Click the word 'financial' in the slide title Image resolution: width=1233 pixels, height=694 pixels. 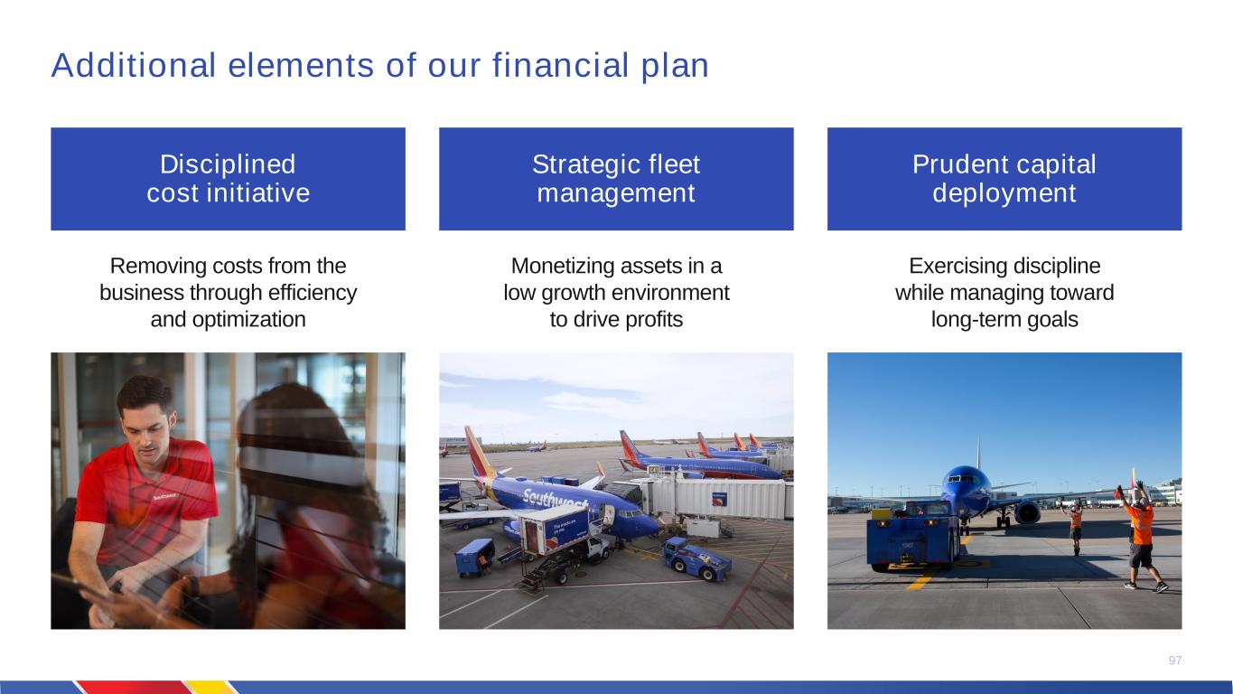560,65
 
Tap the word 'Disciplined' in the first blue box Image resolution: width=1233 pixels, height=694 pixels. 228,164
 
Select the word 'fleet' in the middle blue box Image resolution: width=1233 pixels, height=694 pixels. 674,164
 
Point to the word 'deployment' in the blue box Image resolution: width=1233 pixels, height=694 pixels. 1004,193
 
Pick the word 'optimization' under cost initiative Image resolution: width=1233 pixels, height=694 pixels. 248,320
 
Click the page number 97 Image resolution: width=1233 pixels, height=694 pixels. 1175,661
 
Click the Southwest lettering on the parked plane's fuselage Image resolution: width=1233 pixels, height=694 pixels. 555,500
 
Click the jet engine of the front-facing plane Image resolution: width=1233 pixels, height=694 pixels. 1026,512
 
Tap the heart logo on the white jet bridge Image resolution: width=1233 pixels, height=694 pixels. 719,499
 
